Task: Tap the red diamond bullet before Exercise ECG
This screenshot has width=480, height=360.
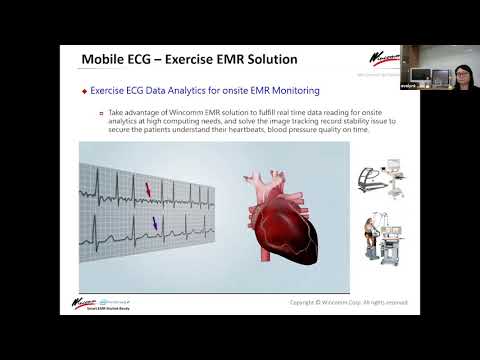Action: (x=84, y=91)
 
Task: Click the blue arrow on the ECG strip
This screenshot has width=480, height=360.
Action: (x=155, y=225)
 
